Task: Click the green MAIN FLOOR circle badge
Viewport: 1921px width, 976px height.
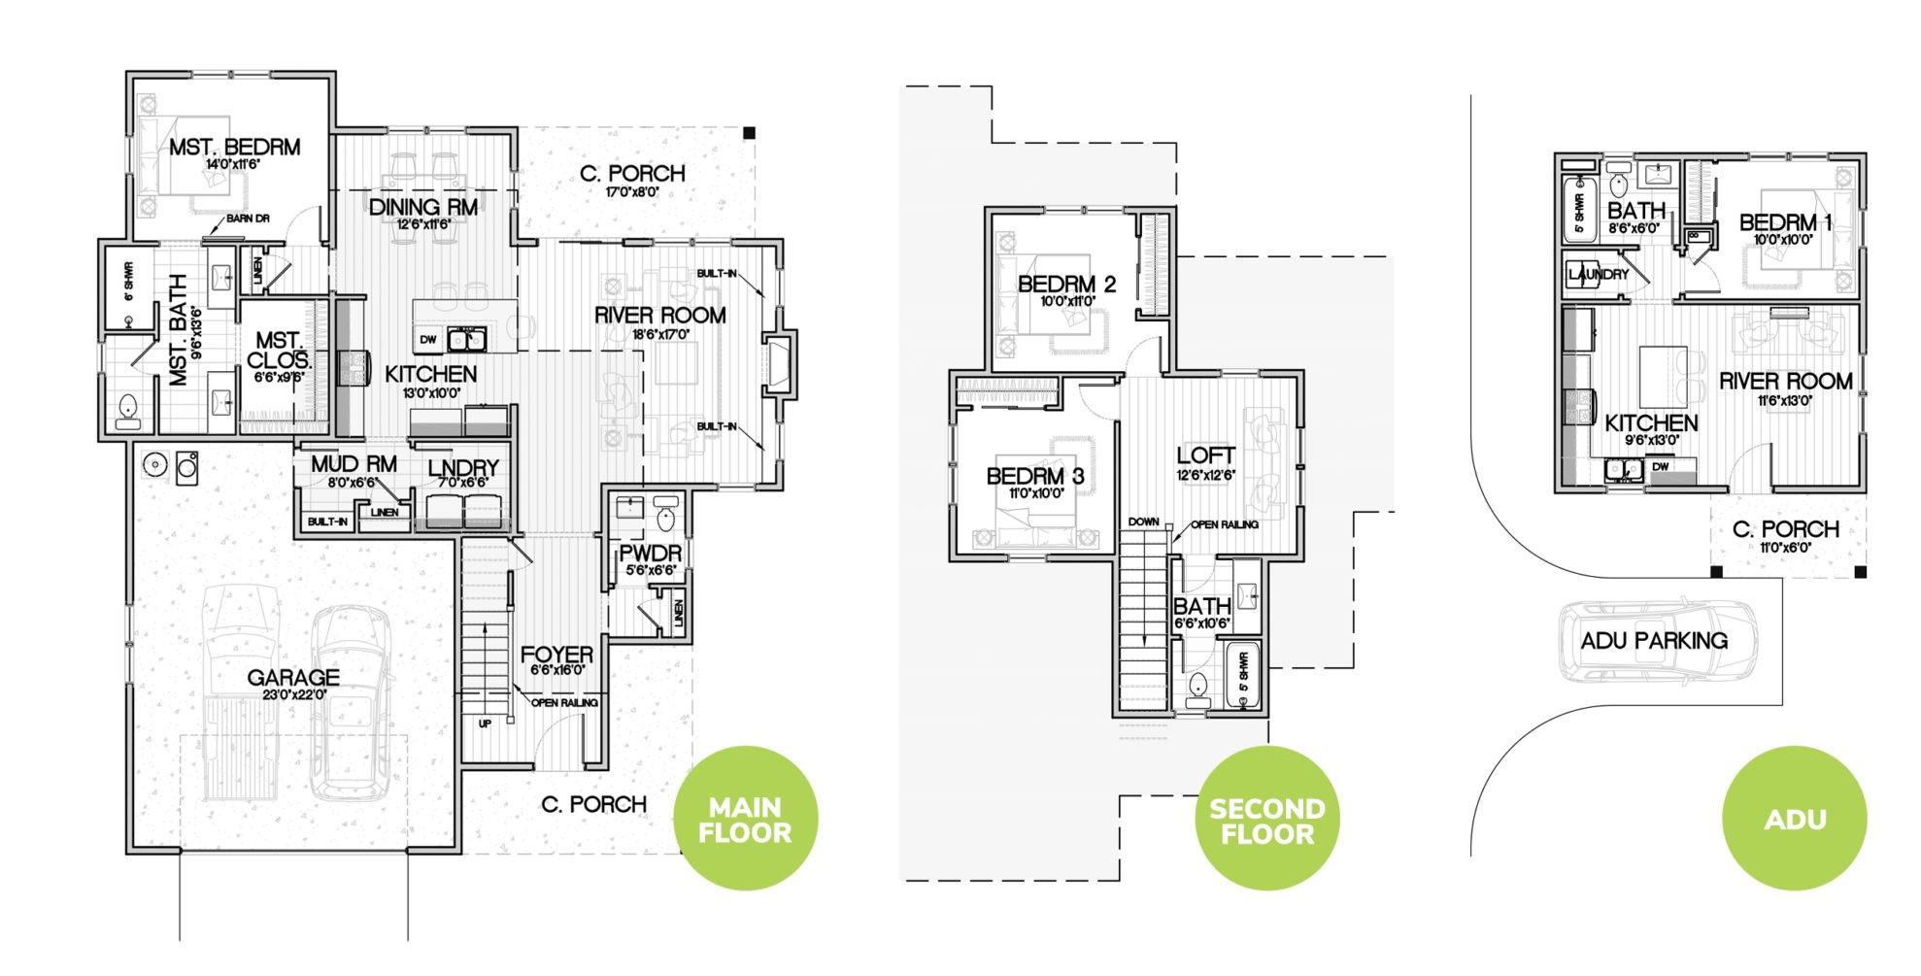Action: click(x=745, y=819)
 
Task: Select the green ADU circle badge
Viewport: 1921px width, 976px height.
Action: click(x=1794, y=819)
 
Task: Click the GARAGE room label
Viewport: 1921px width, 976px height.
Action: click(x=292, y=678)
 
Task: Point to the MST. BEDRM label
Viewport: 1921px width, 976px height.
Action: click(x=234, y=148)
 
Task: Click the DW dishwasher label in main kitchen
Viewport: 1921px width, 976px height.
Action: click(x=428, y=339)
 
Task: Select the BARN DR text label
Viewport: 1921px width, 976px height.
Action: click(x=248, y=219)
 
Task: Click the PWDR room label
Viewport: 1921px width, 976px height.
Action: click(x=651, y=555)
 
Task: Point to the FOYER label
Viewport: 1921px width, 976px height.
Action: click(x=556, y=654)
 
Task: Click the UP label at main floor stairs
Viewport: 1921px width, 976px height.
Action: click(x=484, y=723)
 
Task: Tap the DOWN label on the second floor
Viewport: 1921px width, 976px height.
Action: click(x=1143, y=522)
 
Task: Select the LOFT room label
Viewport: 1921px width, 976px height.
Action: click(x=1205, y=454)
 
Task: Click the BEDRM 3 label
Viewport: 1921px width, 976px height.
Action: click(x=1034, y=476)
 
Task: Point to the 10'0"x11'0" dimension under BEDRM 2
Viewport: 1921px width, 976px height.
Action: click(x=1066, y=301)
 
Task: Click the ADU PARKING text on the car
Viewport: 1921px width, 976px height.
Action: click(x=1654, y=641)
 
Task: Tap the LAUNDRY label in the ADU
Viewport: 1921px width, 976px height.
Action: click(x=1598, y=275)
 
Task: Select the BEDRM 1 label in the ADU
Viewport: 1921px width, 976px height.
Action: click(x=1785, y=222)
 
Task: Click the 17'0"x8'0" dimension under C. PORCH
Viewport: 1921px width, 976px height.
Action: click(x=632, y=192)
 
